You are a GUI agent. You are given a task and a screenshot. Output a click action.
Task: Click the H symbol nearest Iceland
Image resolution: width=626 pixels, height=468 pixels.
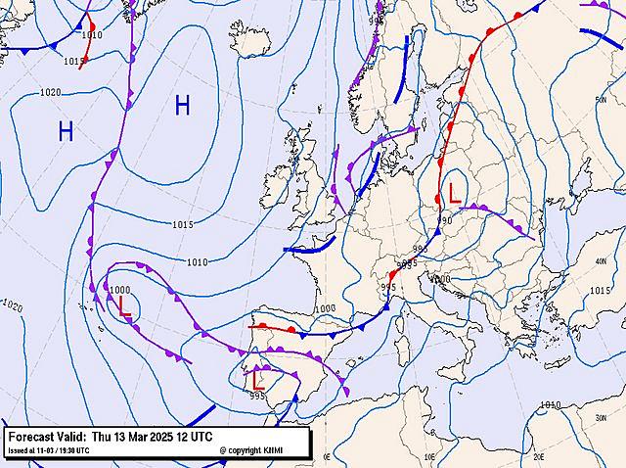click(x=182, y=107)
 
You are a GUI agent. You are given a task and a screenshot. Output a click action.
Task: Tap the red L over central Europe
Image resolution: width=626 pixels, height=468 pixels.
click(x=454, y=193)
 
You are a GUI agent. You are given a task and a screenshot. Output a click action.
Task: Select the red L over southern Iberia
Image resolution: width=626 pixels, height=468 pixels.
click(x=256, y=377)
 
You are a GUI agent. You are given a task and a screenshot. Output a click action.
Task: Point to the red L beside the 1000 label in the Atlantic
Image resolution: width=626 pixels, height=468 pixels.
click(x=123, y=305)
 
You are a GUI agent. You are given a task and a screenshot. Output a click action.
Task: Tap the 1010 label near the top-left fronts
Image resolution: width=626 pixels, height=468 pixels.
click(x=91, y=35)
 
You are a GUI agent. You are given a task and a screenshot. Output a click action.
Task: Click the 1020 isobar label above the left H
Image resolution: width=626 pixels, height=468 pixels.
click(x=50, y=93)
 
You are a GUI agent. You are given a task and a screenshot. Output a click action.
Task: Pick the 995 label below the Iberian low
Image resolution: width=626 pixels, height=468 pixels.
click(x=257, y=397)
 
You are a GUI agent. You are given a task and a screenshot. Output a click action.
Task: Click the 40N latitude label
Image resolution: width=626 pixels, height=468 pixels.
click(x=600, y=261)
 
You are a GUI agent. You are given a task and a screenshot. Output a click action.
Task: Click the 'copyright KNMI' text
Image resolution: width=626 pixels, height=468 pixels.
click(x=256, y=450)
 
